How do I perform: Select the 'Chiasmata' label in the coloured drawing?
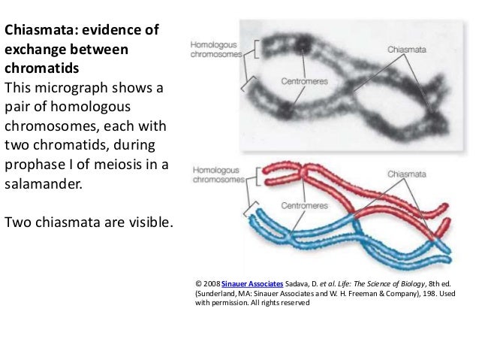coord(407,174)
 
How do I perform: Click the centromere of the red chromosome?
coord(303,172)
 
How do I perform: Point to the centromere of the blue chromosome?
coord(288,234)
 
